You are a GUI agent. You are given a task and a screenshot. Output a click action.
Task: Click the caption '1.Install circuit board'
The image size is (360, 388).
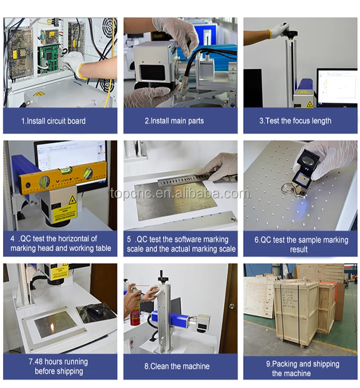(53, 121)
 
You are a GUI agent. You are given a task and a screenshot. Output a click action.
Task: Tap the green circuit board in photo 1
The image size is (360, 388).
(49, 59)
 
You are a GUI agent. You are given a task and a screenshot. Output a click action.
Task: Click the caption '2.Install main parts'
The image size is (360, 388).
(174, 121)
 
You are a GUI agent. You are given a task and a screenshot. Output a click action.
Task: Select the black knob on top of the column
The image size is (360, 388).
(290, 32)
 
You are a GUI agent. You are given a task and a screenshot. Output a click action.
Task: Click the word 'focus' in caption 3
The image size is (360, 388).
(301, 121)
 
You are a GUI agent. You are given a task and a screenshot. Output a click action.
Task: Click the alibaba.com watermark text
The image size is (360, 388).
(180, 193)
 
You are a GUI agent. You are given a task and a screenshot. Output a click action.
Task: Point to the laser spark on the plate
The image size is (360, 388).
(53, 328)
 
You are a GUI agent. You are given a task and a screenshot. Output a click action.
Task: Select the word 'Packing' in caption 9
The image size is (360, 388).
(285, 364)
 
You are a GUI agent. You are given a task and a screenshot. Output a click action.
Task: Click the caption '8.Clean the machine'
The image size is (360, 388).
(177, 366)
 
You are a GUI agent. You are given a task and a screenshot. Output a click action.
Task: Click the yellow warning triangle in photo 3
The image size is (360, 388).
(310, 104)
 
